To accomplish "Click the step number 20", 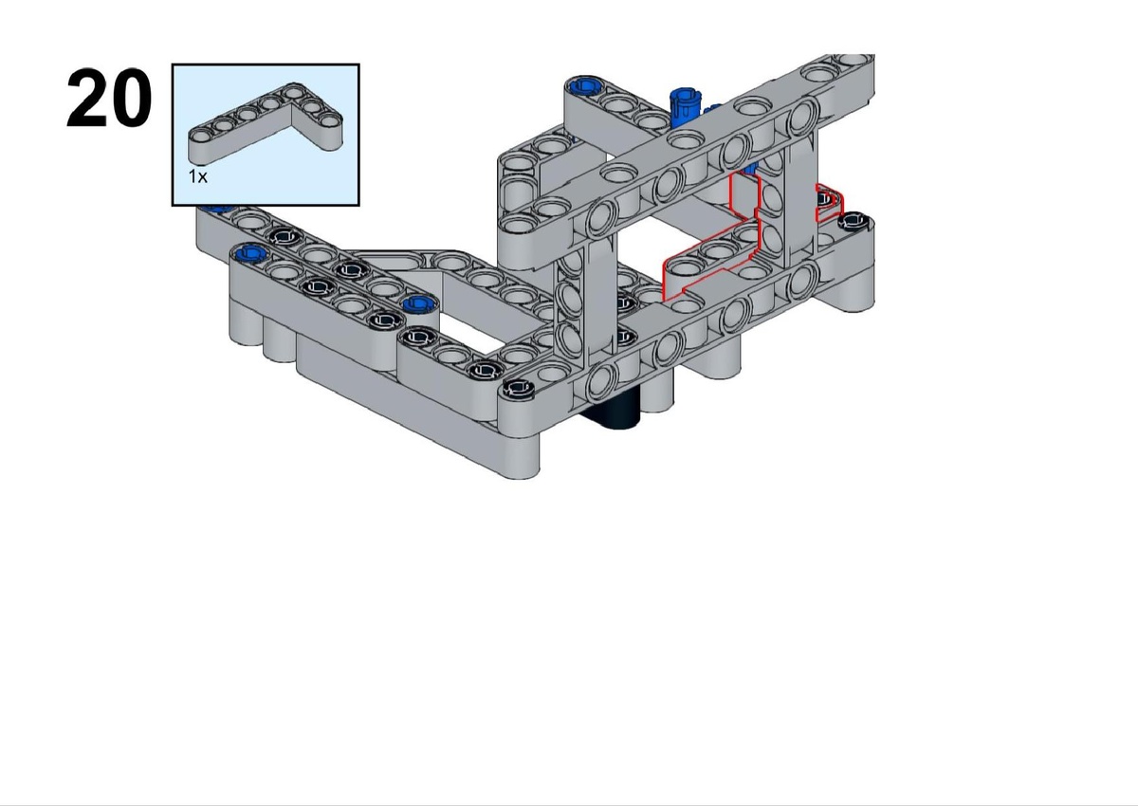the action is [109, 98].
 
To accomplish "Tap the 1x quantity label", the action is [197, 176].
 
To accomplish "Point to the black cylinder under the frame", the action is [613, 411].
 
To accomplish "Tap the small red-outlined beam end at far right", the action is [829, 203].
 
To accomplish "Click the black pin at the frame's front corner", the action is [518, 389].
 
